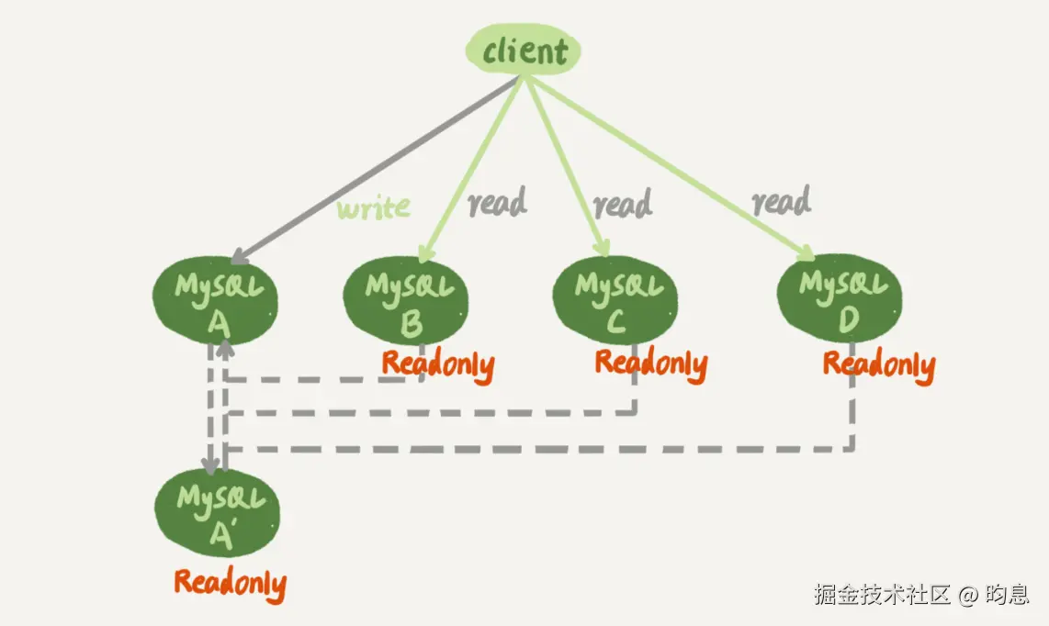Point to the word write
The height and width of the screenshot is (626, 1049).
tap(373, 208)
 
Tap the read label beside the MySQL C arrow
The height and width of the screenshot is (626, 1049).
tap(622, 205)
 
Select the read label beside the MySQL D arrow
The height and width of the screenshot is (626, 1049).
tap(781, 201)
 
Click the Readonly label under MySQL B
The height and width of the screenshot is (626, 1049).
tap(438, 364)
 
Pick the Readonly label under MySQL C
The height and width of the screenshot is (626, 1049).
tap(650, 363)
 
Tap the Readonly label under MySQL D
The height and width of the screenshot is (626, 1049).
tap(878, 364)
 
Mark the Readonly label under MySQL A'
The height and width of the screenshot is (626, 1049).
tap(230, 583)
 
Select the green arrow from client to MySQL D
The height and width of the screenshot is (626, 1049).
tap(671, 165)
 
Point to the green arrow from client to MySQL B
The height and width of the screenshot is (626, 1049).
tap(473, 165)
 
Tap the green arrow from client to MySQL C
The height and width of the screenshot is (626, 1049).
tap(565, 165)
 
